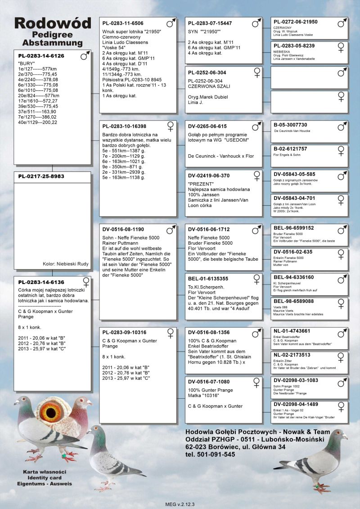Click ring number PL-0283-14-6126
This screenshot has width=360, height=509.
tap(41, 56)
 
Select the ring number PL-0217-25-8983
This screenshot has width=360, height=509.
tap(41, 176)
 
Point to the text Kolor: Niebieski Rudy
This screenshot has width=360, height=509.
tap(66, 264)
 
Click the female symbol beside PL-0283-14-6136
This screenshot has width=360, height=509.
tap(86, 282)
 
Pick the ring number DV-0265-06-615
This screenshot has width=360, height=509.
tap(207, 126)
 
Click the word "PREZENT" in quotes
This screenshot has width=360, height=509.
tap(198, 184)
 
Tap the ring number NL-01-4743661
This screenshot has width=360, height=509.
tap(292, 331)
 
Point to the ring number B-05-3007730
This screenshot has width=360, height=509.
tap(290, 125)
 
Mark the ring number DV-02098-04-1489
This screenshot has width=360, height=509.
tap(296, 404)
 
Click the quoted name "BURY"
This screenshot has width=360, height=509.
tap(25, 64)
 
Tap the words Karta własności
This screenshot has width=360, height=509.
tap(45, 471)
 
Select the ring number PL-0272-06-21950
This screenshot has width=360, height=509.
tap(295, 22)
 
